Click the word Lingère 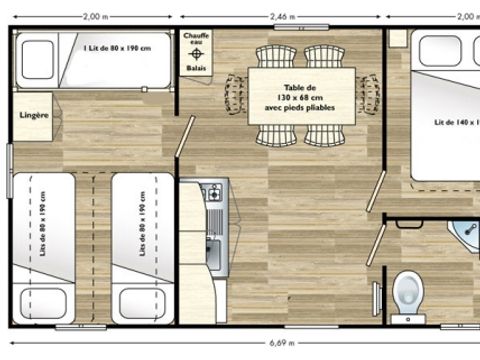[35, 116]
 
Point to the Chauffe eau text [196, 40]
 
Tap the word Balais [196, 68]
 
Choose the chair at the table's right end [365, 92]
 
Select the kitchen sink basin [213, 242]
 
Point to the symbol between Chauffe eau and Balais [196, 55]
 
